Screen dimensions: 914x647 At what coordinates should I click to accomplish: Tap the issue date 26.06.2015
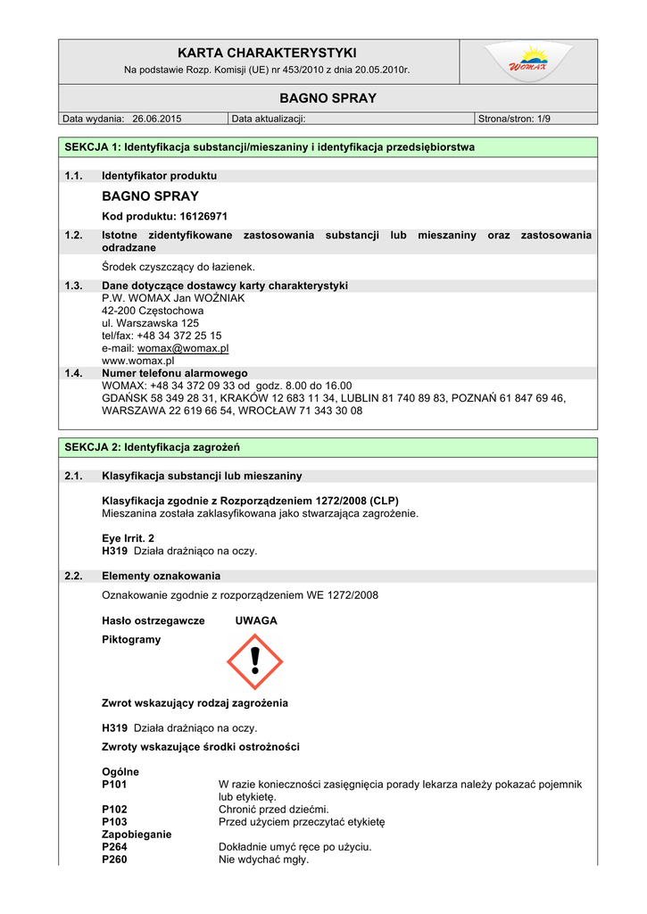(156, 118)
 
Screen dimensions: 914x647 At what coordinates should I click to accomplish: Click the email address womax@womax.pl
(183, 348)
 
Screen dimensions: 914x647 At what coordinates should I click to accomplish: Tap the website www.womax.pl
(137, 361)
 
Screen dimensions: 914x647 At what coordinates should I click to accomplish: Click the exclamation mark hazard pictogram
(255, 661)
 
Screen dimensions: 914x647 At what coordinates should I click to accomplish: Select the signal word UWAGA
(256, 620)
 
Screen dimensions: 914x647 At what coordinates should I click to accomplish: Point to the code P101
(115, 784)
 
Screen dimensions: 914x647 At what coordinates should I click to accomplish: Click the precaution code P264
(115, 846)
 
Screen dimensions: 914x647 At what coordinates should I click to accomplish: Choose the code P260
(115, 860)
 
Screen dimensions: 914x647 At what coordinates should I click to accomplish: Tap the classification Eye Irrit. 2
(129, 538)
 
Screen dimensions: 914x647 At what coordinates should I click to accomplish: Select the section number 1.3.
(74, 286)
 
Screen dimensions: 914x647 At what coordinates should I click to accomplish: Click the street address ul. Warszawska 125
(150, 323)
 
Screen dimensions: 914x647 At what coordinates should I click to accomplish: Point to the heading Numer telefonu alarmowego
(175, 373)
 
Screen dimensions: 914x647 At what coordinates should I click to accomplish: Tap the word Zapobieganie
(137, 834)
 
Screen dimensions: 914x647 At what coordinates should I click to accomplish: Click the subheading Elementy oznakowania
(161, 576)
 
